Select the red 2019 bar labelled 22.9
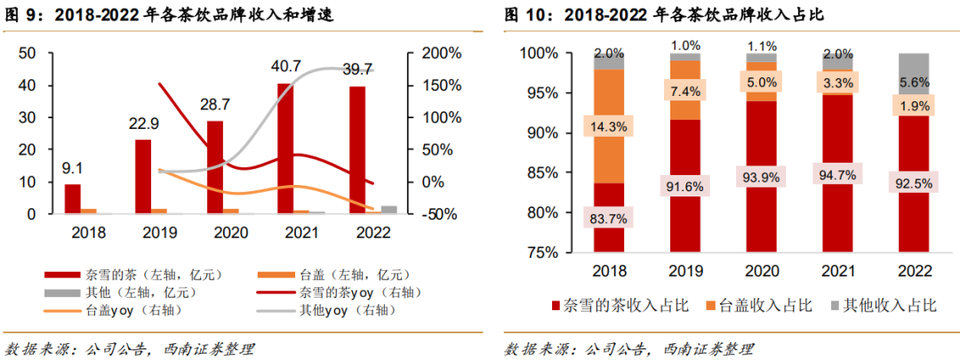coord(143,176)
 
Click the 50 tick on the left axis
coord(28,53)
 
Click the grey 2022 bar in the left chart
coord(388,210)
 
